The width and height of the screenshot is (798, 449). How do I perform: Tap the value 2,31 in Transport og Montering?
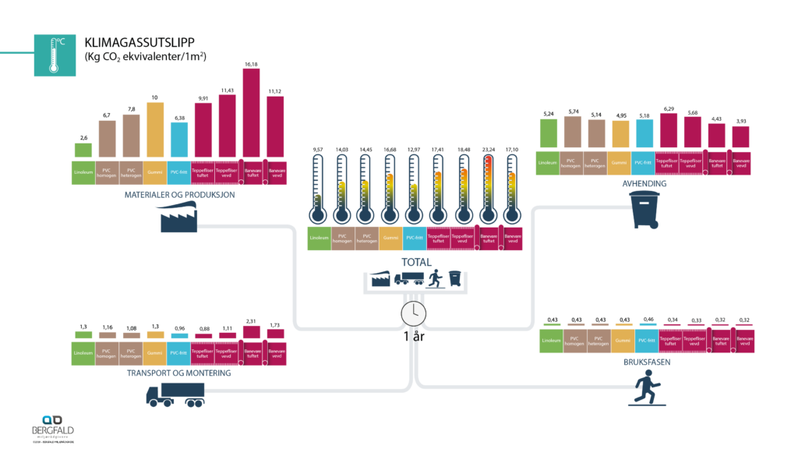pos(251,320)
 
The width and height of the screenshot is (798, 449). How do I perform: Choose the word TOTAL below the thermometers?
pos(416,262)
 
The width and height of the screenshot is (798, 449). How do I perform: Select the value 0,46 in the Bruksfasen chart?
pos(644,320)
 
